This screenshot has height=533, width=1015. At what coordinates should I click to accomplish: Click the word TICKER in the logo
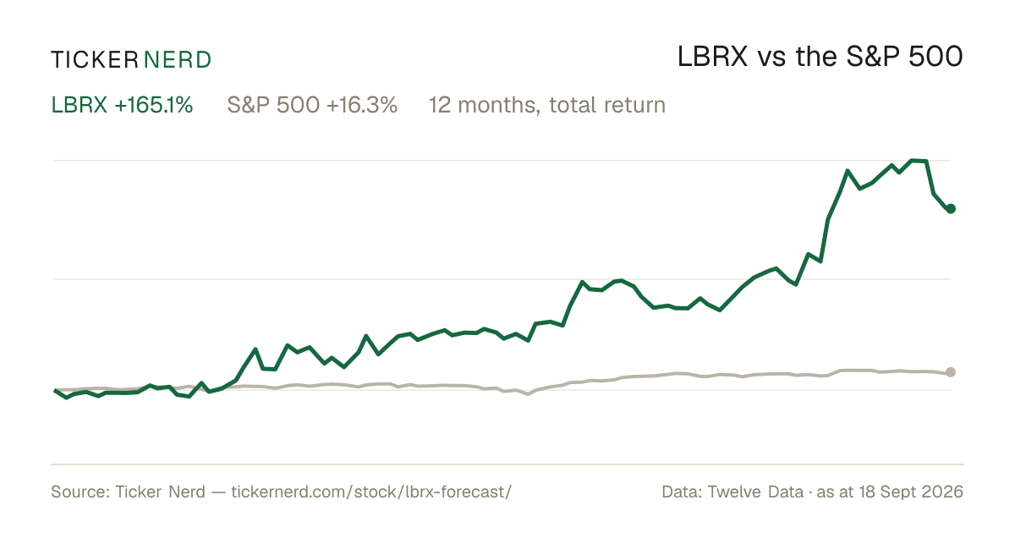tap(95, 60)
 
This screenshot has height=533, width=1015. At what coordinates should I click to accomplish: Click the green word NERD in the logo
tap(178, 60)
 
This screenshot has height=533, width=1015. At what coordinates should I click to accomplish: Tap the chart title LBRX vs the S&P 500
tap(820, 58)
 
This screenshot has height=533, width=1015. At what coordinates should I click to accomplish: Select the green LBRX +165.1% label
tap(122, 105)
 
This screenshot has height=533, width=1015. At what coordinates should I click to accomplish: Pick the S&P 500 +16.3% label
tap(312, 105)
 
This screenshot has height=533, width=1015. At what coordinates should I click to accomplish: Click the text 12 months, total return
tap(547, 105)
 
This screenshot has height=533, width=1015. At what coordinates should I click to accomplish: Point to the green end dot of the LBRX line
tap(951, 208)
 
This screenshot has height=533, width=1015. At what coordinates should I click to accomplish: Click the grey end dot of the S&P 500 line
tap(951, 372)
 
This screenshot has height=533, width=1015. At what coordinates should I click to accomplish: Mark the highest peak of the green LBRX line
tap(912, 160)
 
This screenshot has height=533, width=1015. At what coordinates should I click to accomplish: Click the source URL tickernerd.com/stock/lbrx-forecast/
tap(371, 492)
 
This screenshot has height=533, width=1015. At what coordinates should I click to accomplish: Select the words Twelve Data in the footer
tap(755, 492)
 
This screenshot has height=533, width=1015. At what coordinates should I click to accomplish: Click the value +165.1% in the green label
tap(154, 105)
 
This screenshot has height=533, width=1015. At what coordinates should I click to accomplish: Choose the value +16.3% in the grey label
tap(362, 105)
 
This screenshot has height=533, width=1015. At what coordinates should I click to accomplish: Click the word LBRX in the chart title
tap(712, 58)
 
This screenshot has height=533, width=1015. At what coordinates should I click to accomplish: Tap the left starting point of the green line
tap(55, 390)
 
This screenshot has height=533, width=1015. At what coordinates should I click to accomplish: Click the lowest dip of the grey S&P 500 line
tap(528, 394)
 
